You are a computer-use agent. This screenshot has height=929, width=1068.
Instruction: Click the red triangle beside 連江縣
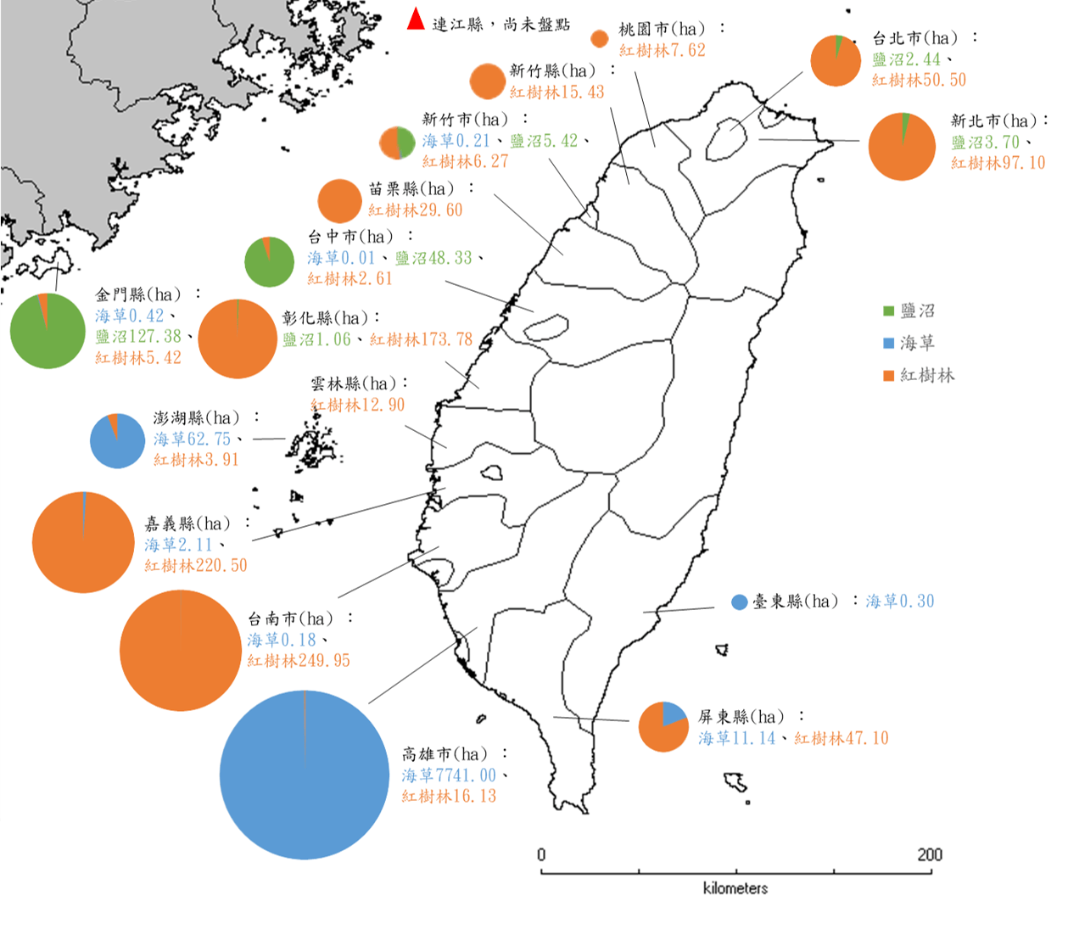[x=416, y=20]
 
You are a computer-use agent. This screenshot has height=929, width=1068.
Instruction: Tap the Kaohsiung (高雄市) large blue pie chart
[x=304, y=774]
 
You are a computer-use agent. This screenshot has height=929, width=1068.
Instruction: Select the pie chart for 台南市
[x=180, y=651]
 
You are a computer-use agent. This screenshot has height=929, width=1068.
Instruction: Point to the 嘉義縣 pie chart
[x=83, y=542]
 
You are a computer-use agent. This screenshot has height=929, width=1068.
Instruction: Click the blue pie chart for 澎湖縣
[x=117, y=441]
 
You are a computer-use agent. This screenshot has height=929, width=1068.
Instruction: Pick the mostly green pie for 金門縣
[x=48, y=331]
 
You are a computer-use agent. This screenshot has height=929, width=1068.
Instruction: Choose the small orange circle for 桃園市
[x=599, y=39]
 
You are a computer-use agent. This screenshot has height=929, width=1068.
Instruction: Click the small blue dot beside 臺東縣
[x=739, y=602]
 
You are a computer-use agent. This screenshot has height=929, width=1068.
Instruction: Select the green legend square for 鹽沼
[x=888, y=311]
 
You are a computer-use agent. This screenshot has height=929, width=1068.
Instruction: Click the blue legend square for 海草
[x=888, y=344]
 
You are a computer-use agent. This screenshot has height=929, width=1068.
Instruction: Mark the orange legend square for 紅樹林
[x=888, y=376]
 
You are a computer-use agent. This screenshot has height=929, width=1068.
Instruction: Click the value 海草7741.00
[x=449, y=775]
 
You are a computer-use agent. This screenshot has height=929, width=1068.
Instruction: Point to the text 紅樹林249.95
[x=299, y=661]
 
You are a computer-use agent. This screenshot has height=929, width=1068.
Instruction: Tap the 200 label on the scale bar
[x=929, y=854]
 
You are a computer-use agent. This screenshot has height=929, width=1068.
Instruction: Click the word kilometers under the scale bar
[x=735, y=888]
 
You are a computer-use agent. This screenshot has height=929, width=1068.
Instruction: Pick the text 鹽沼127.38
[x=138, y=337]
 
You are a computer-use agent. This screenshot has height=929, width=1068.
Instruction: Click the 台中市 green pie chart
[x=269, y=262]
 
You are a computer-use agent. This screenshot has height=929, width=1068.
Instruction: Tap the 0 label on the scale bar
[x=541, y=854]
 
